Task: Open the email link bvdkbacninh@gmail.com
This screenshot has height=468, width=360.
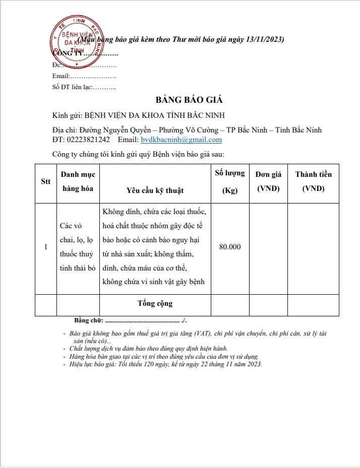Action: click(x=181, y=140)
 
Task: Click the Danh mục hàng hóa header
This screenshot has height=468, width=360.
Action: click(x=78, y=182)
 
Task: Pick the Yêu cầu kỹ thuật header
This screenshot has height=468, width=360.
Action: click(x=155, y=190)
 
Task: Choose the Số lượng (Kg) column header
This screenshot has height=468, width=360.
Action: click(x=229, y=182)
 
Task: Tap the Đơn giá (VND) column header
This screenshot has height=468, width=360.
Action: click(x=268, y=182)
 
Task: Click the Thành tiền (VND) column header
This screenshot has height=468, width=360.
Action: click(x=313, y=182)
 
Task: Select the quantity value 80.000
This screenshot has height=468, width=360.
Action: click(x=230, y=247)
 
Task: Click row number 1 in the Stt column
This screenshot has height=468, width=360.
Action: click(x=46, y=247)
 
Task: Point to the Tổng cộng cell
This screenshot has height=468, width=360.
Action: click(x=155, y=303)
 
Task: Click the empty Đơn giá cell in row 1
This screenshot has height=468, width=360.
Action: click(x=268, y=247)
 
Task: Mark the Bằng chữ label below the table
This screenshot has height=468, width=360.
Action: click(x=89, y=320)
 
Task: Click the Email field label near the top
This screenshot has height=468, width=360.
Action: click(x=61, y=76)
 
